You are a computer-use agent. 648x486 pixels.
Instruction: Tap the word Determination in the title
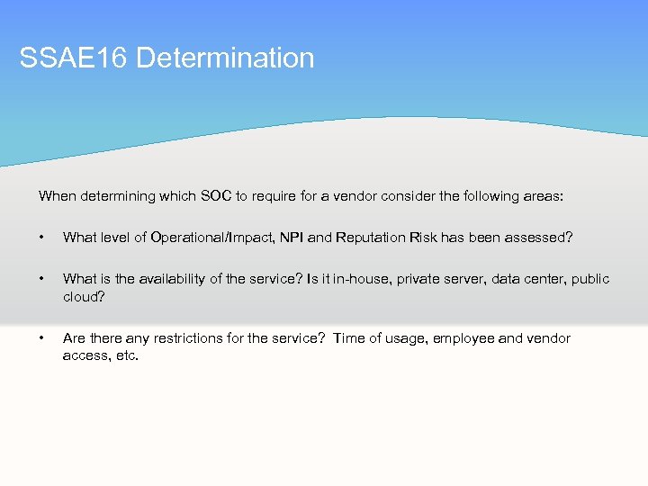226,58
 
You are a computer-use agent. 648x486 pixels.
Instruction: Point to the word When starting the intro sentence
58,195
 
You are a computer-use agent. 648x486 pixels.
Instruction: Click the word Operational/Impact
203,238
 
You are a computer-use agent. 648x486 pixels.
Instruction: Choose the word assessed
535,238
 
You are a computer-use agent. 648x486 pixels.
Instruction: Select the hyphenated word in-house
357,279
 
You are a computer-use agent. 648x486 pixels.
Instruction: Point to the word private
415,279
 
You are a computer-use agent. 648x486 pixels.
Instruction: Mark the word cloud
81,296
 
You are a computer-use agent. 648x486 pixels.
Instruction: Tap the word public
589,279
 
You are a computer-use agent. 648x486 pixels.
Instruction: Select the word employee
465,338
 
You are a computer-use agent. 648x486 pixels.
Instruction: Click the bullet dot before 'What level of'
41,238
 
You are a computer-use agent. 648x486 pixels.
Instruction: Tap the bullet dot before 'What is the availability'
41,279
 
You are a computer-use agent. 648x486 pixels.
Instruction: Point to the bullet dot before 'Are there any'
41,338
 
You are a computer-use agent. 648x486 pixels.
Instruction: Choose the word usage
404,338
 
